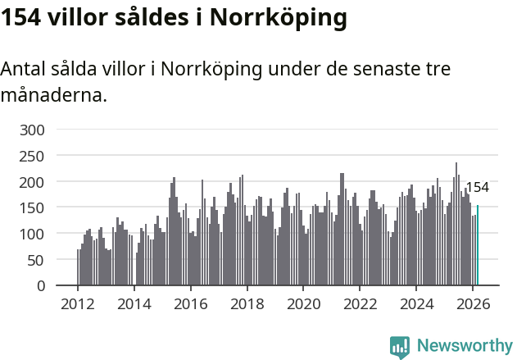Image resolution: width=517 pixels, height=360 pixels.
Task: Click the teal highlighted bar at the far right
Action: [478, 246]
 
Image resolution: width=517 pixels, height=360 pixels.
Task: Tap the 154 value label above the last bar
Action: [477, 188]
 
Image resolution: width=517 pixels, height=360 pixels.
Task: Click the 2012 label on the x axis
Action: [78, 303]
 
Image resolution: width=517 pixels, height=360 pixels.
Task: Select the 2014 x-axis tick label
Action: [134, 303]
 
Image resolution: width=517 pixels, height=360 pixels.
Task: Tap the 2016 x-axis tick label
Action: [191, 303]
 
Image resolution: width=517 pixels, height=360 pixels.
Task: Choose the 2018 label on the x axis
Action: [247, 303]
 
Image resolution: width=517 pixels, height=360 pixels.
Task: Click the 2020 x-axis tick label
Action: [303, 303]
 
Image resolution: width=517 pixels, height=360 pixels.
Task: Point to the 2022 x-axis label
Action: [360, 303]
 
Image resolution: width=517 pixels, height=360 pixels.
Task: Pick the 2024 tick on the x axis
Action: [416, 303]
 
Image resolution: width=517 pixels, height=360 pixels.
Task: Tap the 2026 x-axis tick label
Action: [473, 303]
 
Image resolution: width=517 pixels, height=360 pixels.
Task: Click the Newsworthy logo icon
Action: [400, 347]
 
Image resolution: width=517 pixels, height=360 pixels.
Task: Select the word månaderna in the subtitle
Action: [53, 95]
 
